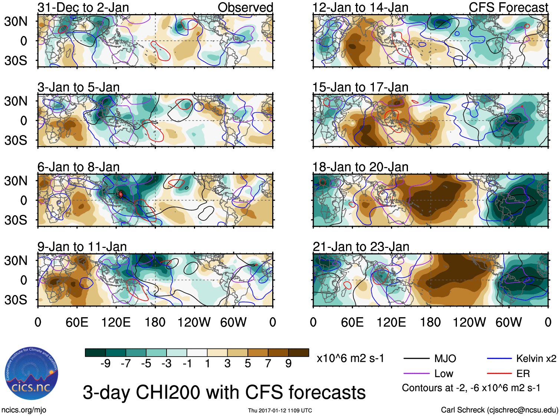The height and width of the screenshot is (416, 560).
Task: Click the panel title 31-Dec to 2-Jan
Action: [83, 7]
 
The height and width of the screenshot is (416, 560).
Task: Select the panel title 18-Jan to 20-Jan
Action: [360, 167]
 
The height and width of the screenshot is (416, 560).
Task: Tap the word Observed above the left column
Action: [245, 7]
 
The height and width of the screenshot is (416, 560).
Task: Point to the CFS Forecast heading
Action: [508, 7]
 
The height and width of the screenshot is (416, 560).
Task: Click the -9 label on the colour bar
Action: [106, 364]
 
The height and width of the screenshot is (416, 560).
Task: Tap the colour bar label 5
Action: [248, 364]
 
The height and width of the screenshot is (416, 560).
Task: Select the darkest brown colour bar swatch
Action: [299, 353]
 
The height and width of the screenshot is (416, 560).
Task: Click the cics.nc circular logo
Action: [31, 373]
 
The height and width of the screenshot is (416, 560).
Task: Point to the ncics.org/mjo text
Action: [24, 410]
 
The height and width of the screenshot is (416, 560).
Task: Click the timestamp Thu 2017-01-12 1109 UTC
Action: [280, 410]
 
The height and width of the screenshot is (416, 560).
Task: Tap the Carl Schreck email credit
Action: [499, 410]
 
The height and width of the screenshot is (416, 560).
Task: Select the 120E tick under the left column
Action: [116, 322]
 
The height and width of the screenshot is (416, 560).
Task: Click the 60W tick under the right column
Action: [508, 322]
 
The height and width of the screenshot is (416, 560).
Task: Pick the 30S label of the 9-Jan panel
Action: [16, 300]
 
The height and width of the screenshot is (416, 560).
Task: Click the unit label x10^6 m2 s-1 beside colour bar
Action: [350, 358]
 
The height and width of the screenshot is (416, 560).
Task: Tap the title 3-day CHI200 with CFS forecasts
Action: [224, 392]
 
